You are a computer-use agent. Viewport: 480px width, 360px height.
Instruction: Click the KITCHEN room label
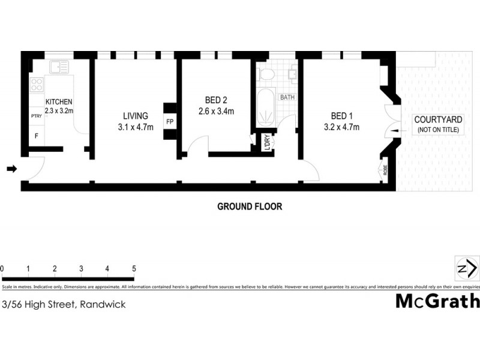(x=59, y=101)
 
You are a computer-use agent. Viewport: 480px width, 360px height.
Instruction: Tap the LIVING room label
(x=136, y=116)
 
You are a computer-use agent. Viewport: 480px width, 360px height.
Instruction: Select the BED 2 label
(x=216, y=100)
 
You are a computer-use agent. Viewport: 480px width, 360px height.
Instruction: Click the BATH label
(x=287, y=97)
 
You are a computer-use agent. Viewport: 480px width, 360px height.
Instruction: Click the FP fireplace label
(x=170, y=122)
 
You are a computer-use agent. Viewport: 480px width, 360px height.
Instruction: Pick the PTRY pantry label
(x=36, y=116)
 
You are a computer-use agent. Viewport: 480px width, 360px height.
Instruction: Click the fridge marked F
(x=36, y=136)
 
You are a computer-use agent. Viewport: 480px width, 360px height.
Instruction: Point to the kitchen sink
(x=59, y=67)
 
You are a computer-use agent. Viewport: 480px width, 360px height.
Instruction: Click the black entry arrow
(x=11, y=170)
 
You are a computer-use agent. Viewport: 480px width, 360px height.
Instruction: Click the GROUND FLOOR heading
(x=250, y=206)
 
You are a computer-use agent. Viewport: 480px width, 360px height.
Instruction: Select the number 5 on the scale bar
(x=134, y=268)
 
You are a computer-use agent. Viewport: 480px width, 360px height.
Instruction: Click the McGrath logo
(x=437, y=301)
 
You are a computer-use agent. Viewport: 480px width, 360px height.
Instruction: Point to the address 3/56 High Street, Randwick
(x=64, y=304)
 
